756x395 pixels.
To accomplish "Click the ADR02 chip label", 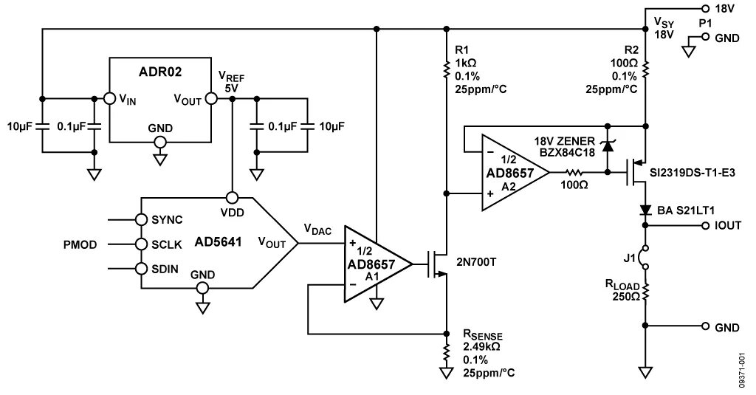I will [x=160, y=72].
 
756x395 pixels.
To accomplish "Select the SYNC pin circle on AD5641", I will [x=141, y=219].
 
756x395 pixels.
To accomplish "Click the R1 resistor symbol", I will [x=445, y=69].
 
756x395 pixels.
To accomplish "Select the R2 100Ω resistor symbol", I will [x=645, y=69].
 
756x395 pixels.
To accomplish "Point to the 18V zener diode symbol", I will [x=607, y=145].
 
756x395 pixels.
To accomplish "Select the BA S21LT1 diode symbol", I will [x=645, y=210].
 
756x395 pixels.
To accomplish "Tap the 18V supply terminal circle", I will [x=705, y=8].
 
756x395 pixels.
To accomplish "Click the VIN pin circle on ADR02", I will [x=109, y=98].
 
